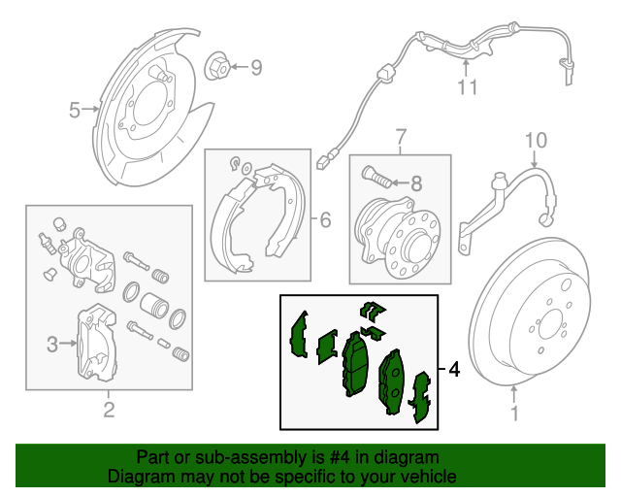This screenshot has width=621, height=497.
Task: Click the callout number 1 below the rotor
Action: (514, 414)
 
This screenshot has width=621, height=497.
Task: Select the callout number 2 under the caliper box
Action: (109, 411)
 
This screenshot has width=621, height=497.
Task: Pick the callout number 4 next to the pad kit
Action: (453, 370)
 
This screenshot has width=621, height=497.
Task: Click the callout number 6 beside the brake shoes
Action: (325, 220)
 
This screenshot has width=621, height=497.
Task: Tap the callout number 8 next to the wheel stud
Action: (415, 182)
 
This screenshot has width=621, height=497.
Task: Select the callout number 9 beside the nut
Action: (256, 67)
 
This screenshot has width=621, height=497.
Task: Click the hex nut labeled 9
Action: (219, 67)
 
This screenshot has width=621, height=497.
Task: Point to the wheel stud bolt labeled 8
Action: (376, 180)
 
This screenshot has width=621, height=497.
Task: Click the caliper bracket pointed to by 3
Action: (97, 342)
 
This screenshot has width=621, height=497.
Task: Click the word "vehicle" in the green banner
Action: (427, 477)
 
